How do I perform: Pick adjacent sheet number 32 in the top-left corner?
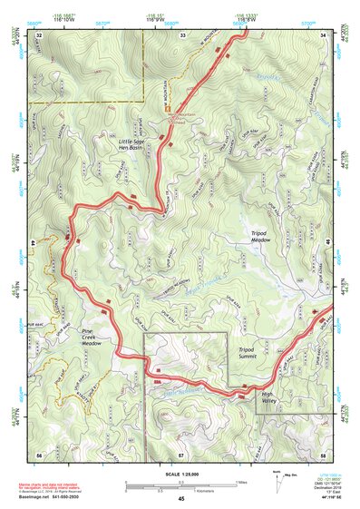(40, 34)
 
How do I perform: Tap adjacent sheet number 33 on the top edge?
(182, 34)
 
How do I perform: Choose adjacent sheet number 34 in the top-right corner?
(324, 34)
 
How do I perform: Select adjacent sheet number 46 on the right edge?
(325, 244)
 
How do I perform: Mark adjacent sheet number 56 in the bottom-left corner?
(40, 453)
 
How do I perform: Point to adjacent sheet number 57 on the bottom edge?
(181, 453)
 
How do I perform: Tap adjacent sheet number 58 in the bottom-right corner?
(324, 453)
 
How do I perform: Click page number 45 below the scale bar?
(181, 498)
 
